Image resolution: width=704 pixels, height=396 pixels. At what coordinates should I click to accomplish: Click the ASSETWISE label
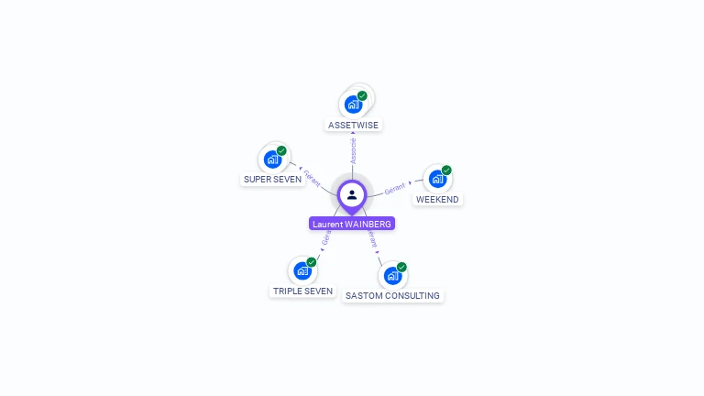353,125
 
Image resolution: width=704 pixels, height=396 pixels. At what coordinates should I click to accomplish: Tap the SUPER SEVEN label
272,179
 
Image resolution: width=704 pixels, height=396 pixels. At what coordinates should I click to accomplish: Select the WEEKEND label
437,199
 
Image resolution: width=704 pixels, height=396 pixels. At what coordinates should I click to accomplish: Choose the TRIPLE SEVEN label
302,291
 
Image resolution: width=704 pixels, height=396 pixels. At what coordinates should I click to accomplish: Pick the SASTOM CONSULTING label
392,295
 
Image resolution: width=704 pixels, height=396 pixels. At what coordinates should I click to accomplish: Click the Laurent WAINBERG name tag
352,224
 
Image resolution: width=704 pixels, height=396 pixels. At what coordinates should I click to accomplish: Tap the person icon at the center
352,194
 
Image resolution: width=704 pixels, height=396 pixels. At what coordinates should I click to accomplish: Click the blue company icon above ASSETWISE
353,104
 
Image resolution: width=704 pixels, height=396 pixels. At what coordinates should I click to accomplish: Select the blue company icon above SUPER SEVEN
272,159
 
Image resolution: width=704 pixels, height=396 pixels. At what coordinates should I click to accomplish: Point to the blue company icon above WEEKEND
437,179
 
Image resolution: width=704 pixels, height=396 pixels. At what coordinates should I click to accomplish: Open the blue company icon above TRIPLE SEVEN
302,271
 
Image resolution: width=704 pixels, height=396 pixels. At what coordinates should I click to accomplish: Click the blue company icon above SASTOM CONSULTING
392,276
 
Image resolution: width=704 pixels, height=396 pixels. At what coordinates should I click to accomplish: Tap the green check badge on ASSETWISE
362,95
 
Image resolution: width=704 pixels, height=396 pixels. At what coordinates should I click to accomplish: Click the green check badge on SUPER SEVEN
281,150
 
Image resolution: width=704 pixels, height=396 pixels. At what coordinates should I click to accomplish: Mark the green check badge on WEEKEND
446,170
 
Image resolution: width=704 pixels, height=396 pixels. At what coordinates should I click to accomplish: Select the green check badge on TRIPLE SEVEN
311,262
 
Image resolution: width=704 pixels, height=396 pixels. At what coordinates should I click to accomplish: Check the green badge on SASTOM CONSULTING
401,267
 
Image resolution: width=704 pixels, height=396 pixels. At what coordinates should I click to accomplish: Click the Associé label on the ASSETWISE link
353,151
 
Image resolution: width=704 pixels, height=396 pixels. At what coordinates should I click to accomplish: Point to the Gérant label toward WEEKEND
395,188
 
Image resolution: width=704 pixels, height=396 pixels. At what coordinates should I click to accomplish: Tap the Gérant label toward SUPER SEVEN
312,177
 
